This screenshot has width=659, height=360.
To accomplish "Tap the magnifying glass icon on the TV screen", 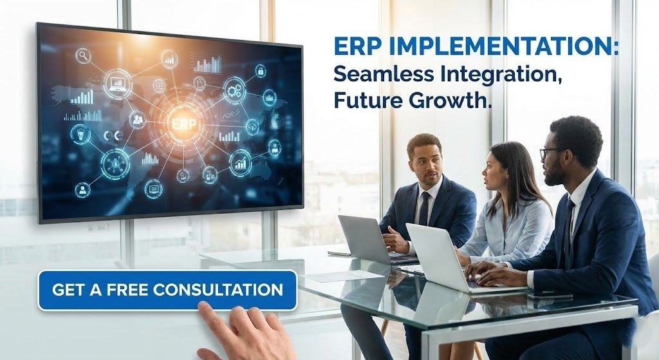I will pyautogui.click(x=84, y=55).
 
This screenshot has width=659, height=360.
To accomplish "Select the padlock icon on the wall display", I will pyautogui.click(x=261, y=70).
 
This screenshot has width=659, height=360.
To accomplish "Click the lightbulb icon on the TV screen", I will pyautogui.click(x=80, y=134).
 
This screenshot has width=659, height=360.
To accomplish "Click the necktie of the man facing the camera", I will pyautogui.click(x=425, y=207).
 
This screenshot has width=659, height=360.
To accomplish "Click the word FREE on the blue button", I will pyautogui.click(x=130, y=290).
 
